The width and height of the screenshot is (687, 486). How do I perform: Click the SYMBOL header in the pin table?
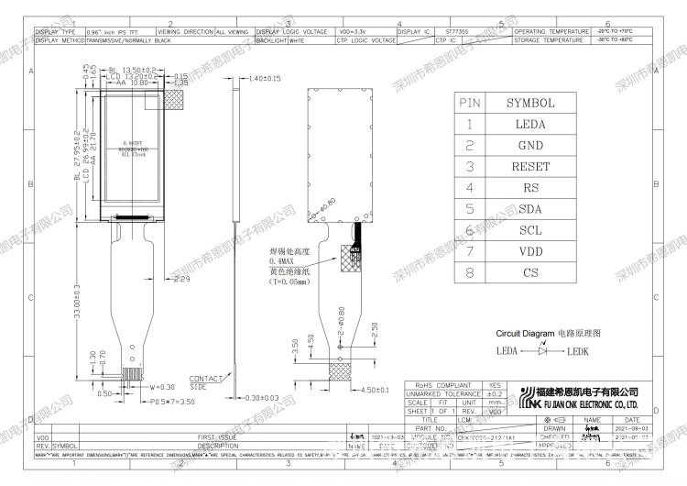coord(530,103)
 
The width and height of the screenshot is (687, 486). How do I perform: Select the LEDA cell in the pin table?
coord(530,124)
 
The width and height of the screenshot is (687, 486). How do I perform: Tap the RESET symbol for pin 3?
coord(530,167)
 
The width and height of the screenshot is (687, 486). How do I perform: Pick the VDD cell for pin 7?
coord(530,250)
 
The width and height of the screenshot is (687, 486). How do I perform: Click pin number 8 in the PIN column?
coord(469,272)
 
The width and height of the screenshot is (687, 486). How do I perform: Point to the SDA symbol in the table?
coord(530,209)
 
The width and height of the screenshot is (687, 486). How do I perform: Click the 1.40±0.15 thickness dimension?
coord(264,80)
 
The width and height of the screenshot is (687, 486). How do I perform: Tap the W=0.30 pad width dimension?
coord(162,387)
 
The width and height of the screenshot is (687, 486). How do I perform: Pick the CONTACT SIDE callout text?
coord(204,382)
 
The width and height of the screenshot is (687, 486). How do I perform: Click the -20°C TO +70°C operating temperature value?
coord(616,31)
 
